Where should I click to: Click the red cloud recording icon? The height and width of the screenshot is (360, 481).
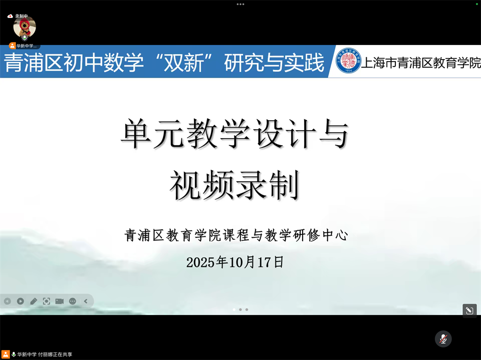tap(10, 16)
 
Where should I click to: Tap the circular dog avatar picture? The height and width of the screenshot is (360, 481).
tap(24, 27)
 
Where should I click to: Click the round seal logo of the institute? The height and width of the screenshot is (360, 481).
tap(348, 61)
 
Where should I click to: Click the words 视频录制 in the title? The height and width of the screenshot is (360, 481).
tap(234, 185)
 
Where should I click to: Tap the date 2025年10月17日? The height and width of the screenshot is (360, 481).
tap(235, 262)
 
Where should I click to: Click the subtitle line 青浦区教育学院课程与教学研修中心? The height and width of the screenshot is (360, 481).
tap(236, 235)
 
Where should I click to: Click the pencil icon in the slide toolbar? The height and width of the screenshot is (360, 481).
tap(34, 301)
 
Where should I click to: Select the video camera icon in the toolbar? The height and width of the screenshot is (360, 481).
tap(60, 301)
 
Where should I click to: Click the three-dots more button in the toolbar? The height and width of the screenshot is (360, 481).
tap(73, 301)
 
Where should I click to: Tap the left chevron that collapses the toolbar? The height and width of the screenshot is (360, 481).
tap(86, 301)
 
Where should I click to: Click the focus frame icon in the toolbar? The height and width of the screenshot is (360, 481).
tap(47, 301)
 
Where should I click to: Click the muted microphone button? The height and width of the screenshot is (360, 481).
tap(443, 339)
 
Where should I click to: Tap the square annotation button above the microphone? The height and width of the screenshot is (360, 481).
tap(469, 310)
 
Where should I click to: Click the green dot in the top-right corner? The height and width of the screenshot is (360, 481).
tap(477, 4)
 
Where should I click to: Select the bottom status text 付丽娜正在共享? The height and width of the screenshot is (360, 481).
tap(55, 354)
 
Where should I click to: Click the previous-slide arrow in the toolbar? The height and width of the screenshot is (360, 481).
tap(8, 301)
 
